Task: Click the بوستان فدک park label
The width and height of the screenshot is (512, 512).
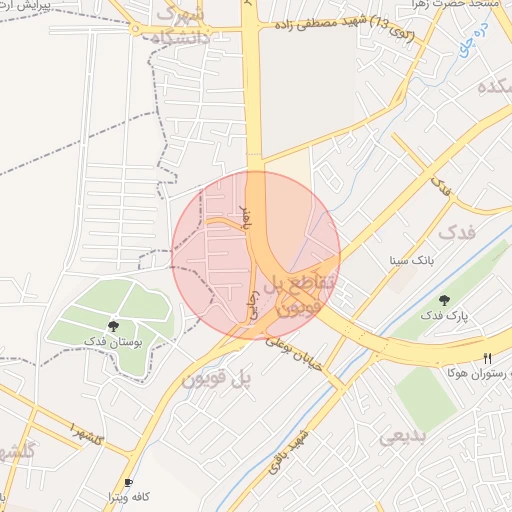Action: (113, 342)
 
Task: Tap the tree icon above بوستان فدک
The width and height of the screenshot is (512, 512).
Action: (114, 326)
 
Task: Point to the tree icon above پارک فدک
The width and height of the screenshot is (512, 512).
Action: (444, 299)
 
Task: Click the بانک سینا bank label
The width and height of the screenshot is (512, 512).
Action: (413, 260)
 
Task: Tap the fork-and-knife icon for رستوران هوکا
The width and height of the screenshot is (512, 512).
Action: (488, 357)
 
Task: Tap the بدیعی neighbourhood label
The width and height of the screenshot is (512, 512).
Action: (404, 436)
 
